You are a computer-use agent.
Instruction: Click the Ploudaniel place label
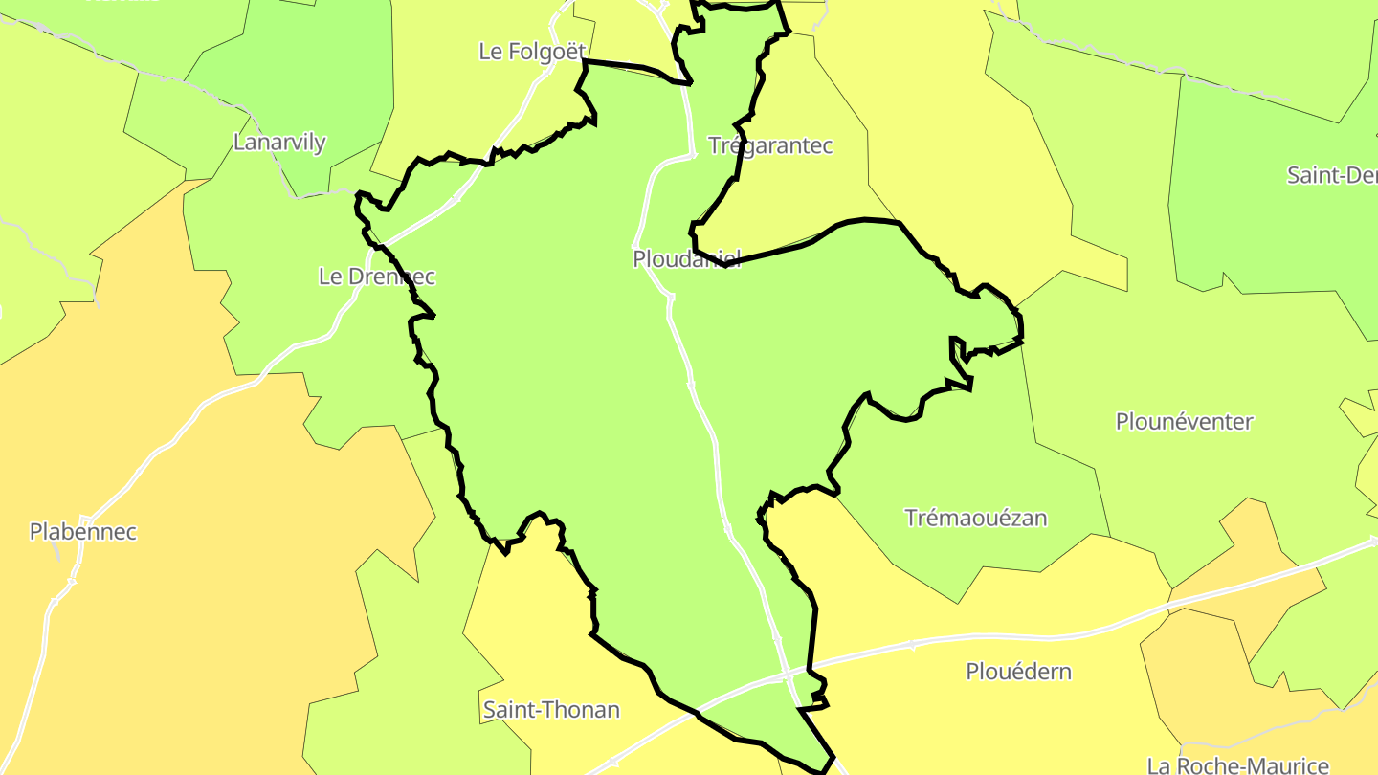pyautogui.click(x=686, y=259)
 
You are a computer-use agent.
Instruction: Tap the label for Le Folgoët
pyautogui.click(x=532, y=52)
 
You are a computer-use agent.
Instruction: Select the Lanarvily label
pyautogui.click(x=279, y=143)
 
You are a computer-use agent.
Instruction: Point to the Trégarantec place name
pyautogui.click(x=770, y=145)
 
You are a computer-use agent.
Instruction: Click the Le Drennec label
pyautogui.click(x=376, y=277)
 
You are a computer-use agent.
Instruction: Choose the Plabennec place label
pyautogui.click(x=83, y=532)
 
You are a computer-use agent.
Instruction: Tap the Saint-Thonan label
pyautogui.click(x=551, y=710)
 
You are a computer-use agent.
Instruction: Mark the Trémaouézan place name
pyautogui.click(x=976, y=519)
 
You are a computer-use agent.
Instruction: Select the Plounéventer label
pyautogui.click(x=1184, y=422)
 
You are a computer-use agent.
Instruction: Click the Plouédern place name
pyautogui.click(x=1018, y=672)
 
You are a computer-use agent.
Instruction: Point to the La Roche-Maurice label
pyautogui.click(x=1237, y=765)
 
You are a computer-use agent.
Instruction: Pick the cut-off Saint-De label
pyautogui.click(x=1331, y=175)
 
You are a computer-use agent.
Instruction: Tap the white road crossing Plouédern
pyautogui.click(x=957, y=639)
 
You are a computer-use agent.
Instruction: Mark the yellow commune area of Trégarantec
pyautogui.click(x=813, y=191)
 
